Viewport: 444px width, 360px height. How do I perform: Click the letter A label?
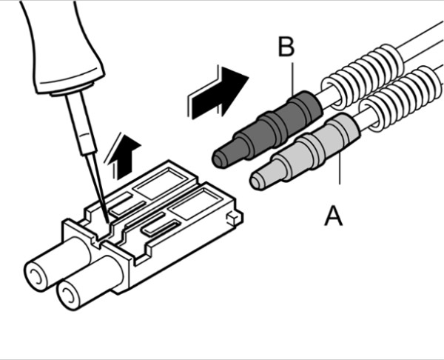pos(334,216)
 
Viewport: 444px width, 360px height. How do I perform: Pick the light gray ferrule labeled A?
pos(307,154)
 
